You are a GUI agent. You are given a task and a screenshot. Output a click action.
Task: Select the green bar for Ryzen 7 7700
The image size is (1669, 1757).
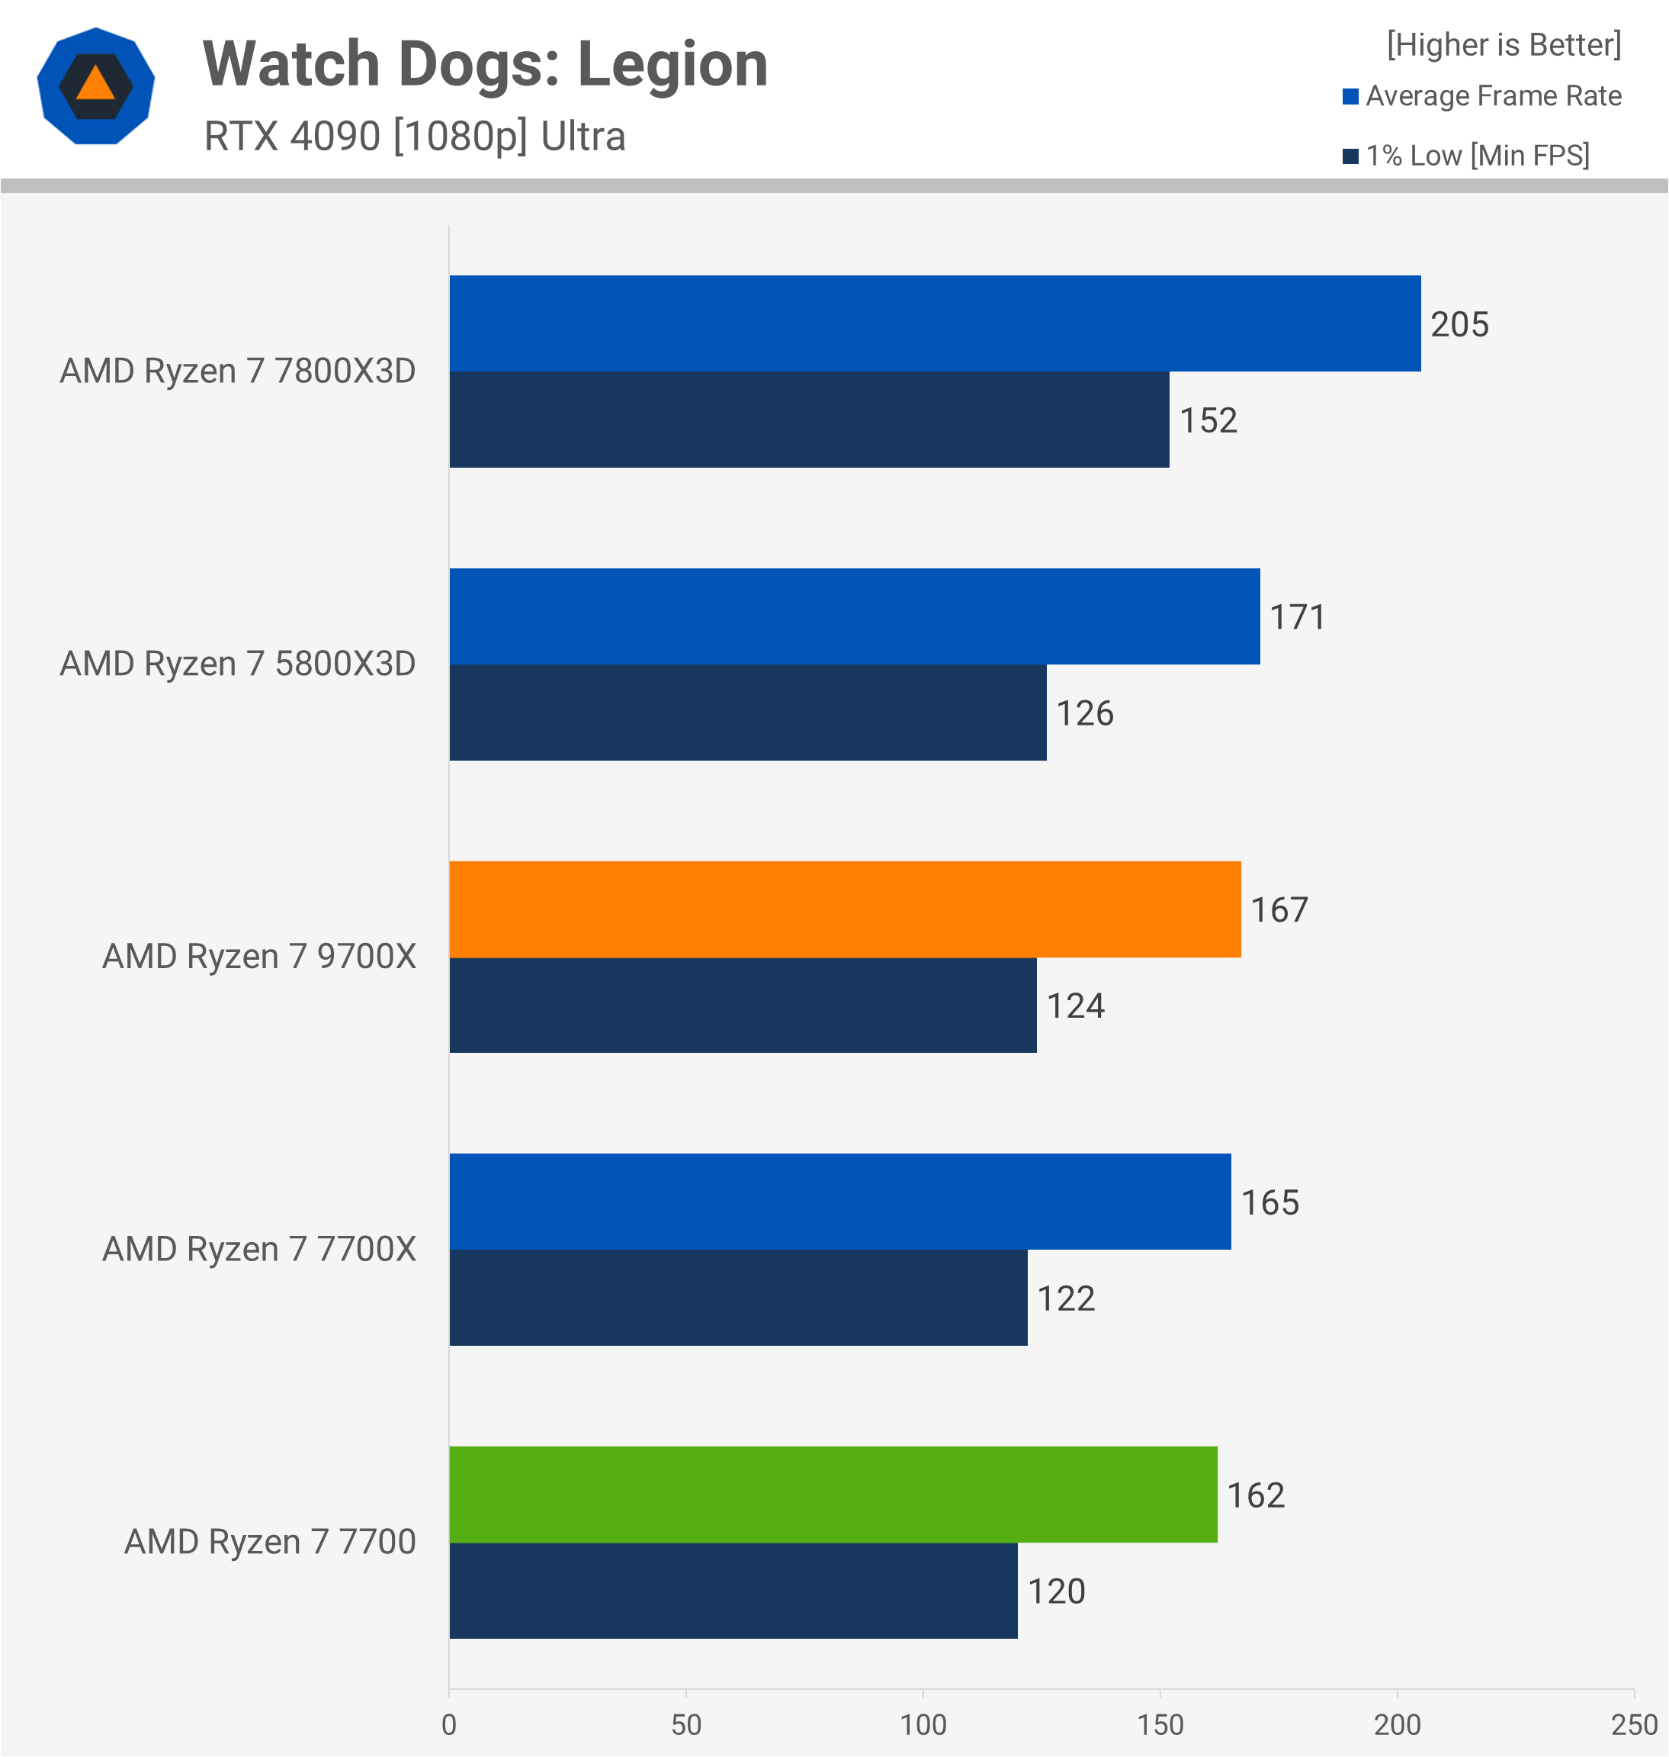[x=833, y=1495]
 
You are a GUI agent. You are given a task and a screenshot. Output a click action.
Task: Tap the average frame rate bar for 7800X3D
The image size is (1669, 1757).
[x=934, y=323]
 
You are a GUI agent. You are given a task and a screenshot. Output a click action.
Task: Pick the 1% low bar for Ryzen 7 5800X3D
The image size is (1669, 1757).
[x=747, y=712]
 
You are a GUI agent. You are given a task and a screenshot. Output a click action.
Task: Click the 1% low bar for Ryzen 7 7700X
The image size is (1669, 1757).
[x=737, y=1298]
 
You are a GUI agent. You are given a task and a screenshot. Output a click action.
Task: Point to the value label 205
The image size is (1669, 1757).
[x=1459, y=325]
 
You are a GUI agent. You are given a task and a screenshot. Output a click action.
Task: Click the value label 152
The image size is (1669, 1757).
[x=1208, y=421]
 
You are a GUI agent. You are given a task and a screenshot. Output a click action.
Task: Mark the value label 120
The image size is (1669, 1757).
[x=1056, y=1591]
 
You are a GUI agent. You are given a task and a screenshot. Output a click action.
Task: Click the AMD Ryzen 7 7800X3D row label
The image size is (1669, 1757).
[x=238, y=371]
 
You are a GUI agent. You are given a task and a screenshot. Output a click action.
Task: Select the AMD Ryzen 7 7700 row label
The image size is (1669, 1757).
[x=270, y=1543]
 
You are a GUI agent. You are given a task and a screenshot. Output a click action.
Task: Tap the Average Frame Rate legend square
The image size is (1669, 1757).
[x=1350, y=97]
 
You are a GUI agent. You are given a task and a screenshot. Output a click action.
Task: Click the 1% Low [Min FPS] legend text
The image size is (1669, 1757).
[x=1478, y=156]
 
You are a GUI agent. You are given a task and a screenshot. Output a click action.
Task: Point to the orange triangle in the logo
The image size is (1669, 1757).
[x=95, y=85]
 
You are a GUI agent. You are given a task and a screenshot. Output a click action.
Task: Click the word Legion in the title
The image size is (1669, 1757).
[x=672, y=65]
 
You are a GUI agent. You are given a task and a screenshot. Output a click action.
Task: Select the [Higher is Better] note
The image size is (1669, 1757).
[x=1504, y=44]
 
